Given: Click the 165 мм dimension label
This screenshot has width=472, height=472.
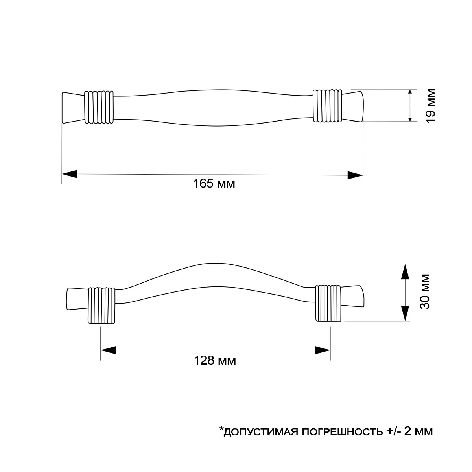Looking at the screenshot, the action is coord(214,183).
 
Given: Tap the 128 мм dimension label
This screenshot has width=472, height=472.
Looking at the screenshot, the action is coord(215,361).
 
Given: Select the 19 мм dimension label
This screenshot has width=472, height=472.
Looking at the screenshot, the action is coord(430,106).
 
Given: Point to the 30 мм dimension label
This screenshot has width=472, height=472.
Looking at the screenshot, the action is coord(425,292).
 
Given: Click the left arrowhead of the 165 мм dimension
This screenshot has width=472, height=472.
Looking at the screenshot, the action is coord(69,174).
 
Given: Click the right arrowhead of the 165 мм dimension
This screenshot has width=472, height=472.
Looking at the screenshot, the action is coord(355,175).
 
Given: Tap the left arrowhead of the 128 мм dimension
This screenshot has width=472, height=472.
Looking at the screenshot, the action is coord(108,350).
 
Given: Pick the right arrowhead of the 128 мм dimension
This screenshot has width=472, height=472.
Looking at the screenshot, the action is coord(323,350).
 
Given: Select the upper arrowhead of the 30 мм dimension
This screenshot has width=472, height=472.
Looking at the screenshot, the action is coord(406,271).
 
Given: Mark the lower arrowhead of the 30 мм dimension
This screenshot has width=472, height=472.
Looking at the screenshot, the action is coord(406,313).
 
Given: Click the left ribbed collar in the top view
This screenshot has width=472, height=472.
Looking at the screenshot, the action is coord(99,107).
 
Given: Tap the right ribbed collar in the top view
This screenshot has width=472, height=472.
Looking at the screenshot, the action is coord(327,106).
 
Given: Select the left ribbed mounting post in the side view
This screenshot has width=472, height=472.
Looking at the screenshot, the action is coord(101,305).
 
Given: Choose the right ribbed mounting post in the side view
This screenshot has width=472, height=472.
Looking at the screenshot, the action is coord(328,304).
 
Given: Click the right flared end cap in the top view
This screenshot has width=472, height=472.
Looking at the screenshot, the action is coord(353,106).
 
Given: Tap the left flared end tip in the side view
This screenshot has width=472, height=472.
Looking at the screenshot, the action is coord(77,299).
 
